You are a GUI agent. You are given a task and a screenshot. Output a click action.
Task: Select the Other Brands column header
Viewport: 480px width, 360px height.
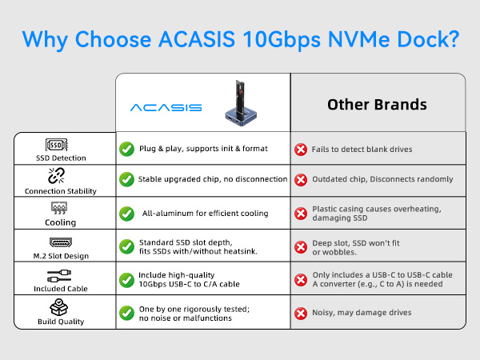point(377,105)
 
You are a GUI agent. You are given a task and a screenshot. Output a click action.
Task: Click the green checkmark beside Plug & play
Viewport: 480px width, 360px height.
point(126,149)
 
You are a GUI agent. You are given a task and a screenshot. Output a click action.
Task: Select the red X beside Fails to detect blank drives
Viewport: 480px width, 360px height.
point(301,149)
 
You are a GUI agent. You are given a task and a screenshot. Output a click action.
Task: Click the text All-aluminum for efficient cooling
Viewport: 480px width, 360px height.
point(206,214)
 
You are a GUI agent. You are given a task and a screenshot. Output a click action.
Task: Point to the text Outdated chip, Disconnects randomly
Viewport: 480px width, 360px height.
point(382,179)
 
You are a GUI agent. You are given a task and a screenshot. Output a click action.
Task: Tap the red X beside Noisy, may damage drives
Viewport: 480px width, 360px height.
point(301,312)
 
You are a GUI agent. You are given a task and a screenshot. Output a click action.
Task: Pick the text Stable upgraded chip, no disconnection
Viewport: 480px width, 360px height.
point(212,179)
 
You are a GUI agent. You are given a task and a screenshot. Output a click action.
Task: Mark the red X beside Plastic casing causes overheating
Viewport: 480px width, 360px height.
point(301,214)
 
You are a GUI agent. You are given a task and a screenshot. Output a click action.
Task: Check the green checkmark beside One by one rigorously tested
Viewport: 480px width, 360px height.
point(126,312)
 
